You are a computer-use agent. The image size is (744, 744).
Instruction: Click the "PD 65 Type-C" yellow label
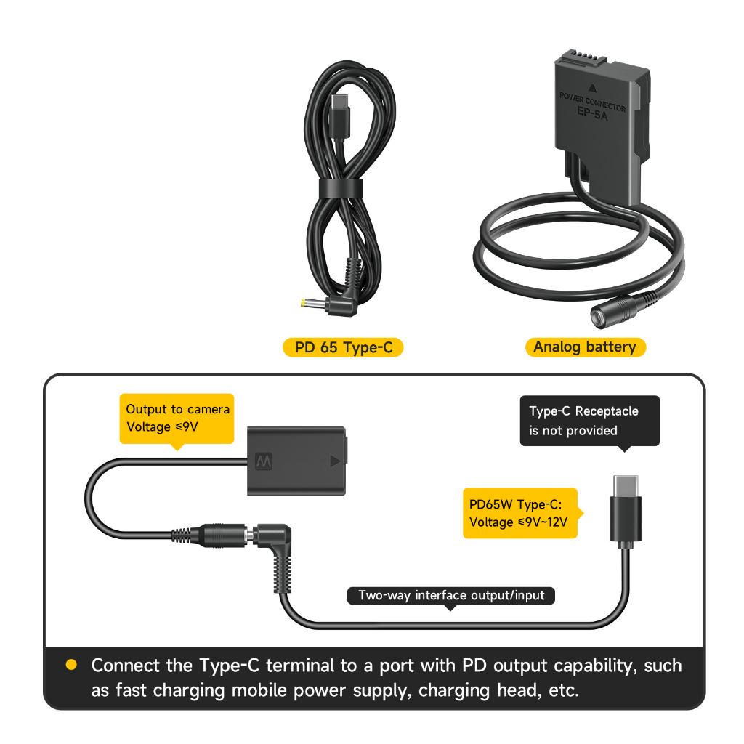point(343,347)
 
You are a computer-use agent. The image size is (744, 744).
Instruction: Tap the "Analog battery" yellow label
point(586,347)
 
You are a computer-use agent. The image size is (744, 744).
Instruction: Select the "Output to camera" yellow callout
point(177,419)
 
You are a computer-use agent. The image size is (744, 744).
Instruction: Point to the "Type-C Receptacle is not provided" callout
point(590,421)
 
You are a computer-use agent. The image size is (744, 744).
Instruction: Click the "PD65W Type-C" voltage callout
point(521,513)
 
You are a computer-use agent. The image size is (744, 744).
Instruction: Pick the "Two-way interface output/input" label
point(450,596)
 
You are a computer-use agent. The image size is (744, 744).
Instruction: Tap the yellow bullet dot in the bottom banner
point(72,665)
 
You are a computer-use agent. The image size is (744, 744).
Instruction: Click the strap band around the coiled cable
point(341,189)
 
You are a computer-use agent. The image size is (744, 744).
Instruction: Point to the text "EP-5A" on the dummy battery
point(592,113)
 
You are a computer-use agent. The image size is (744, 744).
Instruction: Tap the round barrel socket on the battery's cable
point(602,315)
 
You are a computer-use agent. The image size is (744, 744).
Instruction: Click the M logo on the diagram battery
point(264,461)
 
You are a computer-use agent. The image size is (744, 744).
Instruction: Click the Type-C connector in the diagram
point(626,511)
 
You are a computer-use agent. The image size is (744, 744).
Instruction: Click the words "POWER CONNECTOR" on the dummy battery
point(592,102)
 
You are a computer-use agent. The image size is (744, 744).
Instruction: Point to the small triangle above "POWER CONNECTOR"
point(592,88)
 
